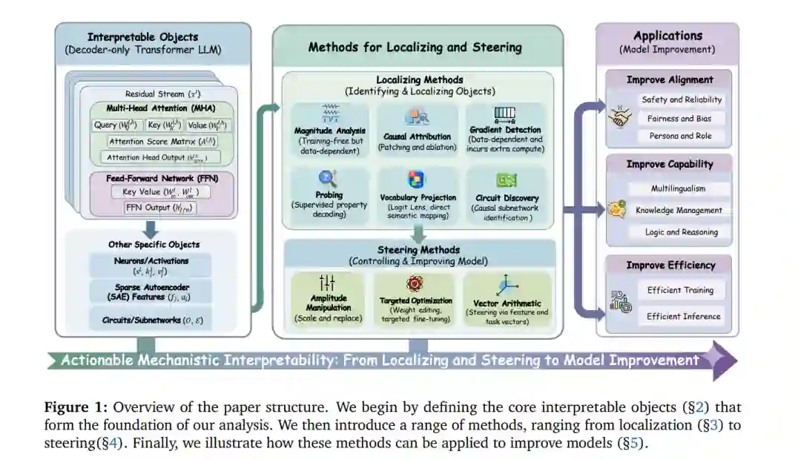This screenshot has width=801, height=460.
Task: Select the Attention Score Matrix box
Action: coord(157,141)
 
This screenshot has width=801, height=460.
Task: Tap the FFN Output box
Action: coord(157,208)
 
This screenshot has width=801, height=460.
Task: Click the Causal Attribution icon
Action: coord(417,116)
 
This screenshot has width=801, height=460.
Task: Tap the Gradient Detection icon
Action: coord(504,114)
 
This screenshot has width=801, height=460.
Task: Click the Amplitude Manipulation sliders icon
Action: coord(327,283)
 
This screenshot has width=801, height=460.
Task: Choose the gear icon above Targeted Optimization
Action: coord(415,283)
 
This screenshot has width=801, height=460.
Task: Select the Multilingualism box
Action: coord(678,188)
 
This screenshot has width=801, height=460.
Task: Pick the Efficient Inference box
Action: coord(683,316)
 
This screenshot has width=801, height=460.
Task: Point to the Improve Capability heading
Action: coord(670,164)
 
